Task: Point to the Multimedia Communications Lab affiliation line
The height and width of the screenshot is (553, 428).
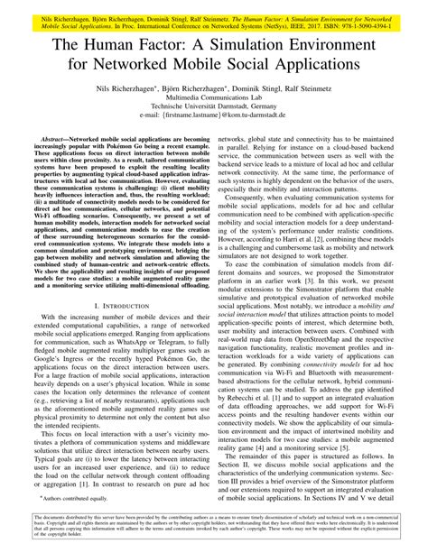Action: [x=213, y=100]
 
